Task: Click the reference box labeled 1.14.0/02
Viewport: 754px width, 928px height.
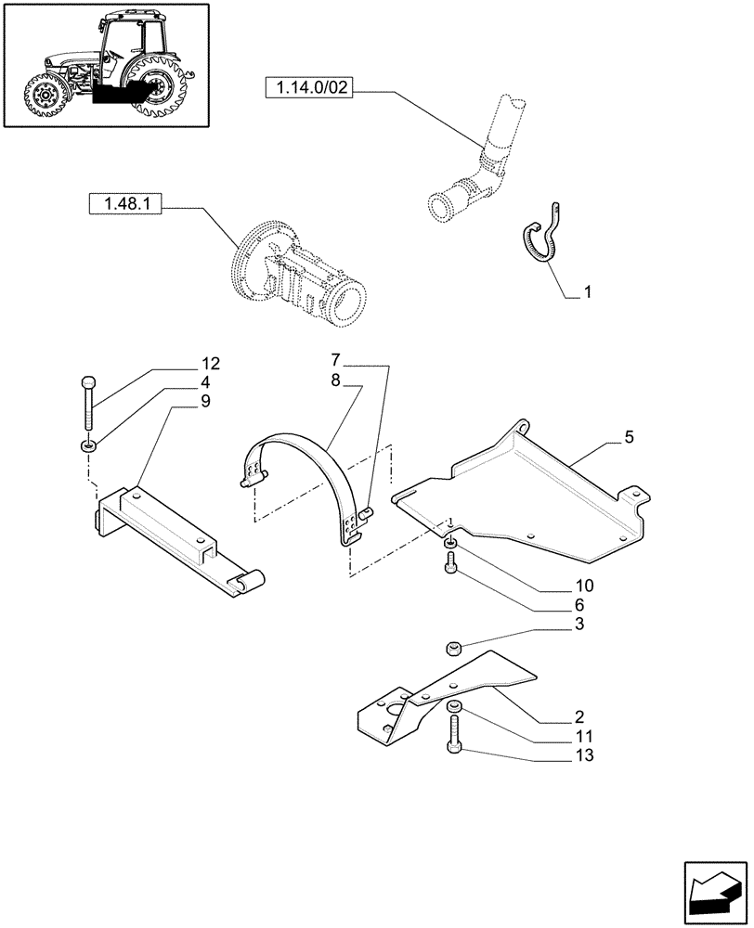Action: click(x=311, y=89)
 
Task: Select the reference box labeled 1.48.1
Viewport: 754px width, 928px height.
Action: click(x=125, y=203)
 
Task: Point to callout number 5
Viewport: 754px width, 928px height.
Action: click(x=629, y=436)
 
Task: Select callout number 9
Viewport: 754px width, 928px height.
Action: click(x=204, y=401)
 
